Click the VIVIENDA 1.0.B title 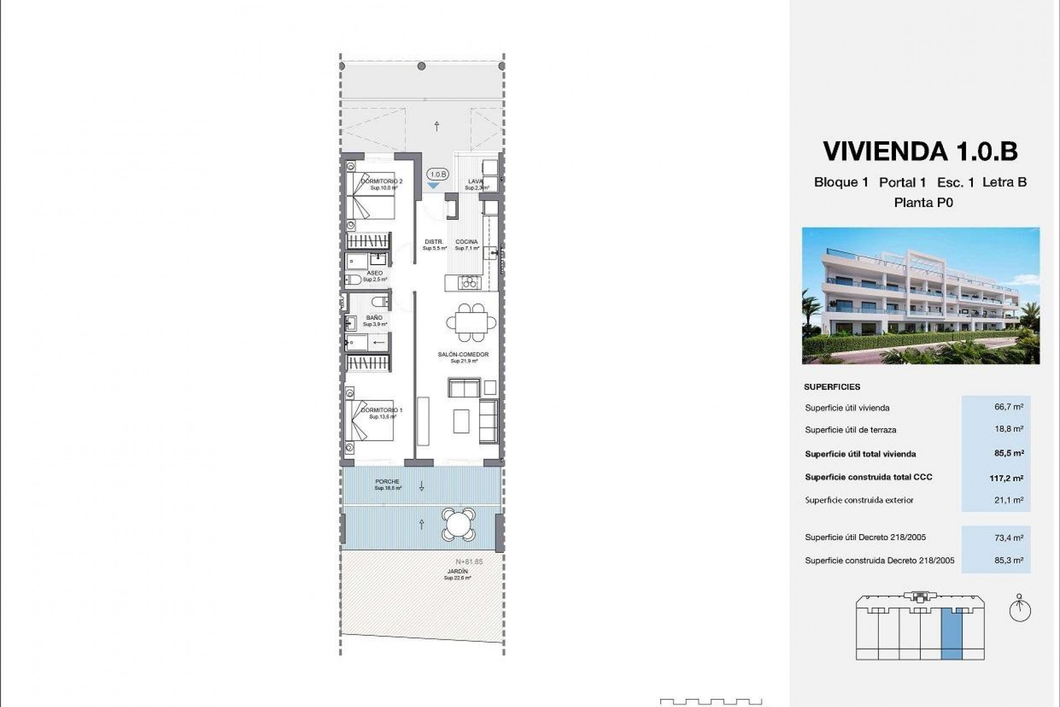pyautogui.click(x=920, y=151)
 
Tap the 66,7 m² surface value pyautogui.click(x=1009, y=407)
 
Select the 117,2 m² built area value pyautogui.click(x=1006, y=478)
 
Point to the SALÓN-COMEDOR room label pyautogui.click(x=463, y=355)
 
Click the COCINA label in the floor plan pyautogui.click(x=467, y=242)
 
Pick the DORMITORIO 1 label pyautogui.click(x=382, y=410)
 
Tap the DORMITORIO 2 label pyautogui.click(x=382, y=181)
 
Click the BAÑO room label pyautogui.click(x=374, y=318)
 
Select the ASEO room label pyautogui.click(x=374, y=273)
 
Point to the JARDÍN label pyautogui.click(x=458, y=571)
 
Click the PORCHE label pyautogui.click(x=387, y=482)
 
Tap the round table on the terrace pyautogui.click(x=458, y=524)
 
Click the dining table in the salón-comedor pyautogui.click(x=471, y=321)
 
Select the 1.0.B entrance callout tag pyautogui.click(x=438, y=175)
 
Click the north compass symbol pyautogui.click(x=1020, y=610)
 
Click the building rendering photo pyautogui.click(x=920, y=296)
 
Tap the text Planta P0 pyautogui.click(x=923, y=203)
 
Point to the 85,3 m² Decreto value pyautogui.click(x=1009, y=560)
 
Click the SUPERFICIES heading pyautogui.click(x=832, y=387)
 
